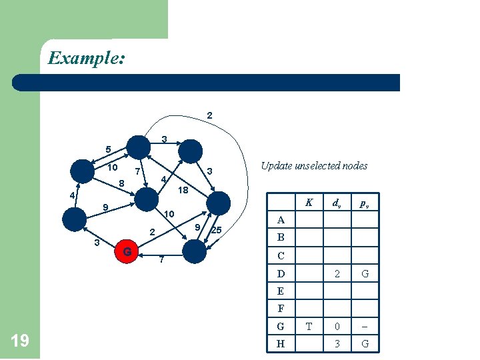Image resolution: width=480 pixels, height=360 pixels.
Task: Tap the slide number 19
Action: coord(20,341)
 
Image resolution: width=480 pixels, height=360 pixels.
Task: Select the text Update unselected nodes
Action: coord(314,165)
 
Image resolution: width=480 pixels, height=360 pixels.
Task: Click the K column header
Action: coord(309,203)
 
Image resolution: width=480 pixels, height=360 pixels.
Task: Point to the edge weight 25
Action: coord(217,231)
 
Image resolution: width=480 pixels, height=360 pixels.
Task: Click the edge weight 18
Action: coord(183,191)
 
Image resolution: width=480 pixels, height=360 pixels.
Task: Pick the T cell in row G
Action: coord(309,327)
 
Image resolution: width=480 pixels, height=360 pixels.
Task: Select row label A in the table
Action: coord(281,220)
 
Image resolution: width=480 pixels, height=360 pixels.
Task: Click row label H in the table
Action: coord(281,344)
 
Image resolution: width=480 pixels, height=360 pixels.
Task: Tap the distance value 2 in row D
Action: coord(337,273)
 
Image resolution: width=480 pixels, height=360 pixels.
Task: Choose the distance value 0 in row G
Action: coord(337,327)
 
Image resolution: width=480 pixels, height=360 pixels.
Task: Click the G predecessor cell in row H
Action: coord(365,344)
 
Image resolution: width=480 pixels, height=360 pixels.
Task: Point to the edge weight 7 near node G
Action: coord(161,260)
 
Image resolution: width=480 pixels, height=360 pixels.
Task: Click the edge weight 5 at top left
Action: coord(107,149)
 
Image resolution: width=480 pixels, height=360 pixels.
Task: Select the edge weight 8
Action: coord(121,183)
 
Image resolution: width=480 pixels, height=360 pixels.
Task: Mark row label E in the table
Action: coord(280,291)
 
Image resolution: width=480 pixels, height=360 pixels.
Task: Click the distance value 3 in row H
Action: coord(337,344)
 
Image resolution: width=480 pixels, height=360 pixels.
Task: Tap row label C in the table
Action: coord(281,255)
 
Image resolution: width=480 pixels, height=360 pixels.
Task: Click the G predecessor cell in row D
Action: coord(365,273)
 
